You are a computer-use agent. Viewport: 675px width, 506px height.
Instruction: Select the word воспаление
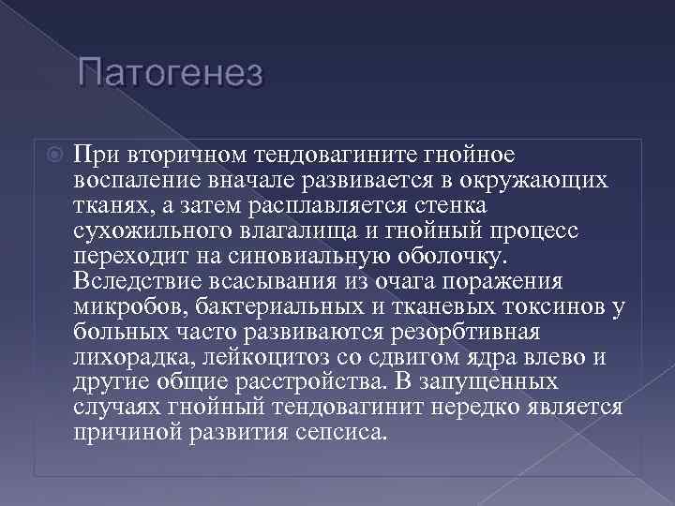tap(132, 179)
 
